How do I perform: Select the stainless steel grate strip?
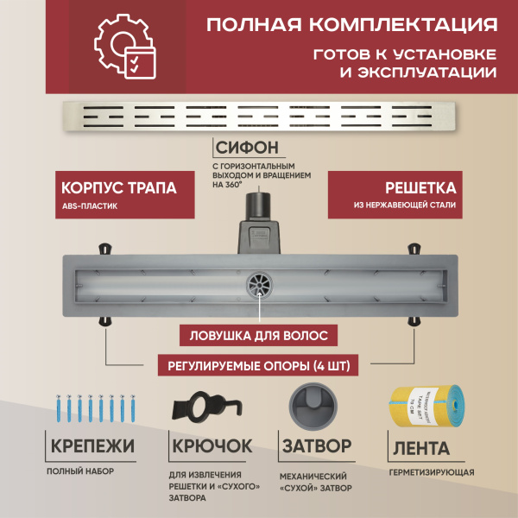pyautogui.click(x=258, y=113)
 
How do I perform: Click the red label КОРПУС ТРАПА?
pyautogui.click(x=120, y=188)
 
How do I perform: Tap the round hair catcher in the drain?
pyautogui.click(x=257, y=281)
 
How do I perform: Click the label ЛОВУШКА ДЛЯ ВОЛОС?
pyautogui.click(x=259, y=333)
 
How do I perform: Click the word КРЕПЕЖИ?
pyautogui.click(x=92, y=446)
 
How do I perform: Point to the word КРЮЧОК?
pyautogui.click(x=211, y=446)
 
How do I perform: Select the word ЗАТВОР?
pyautogui.click(x=317, y=446)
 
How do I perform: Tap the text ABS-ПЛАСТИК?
pyautogui.click(x=89, y=206)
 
